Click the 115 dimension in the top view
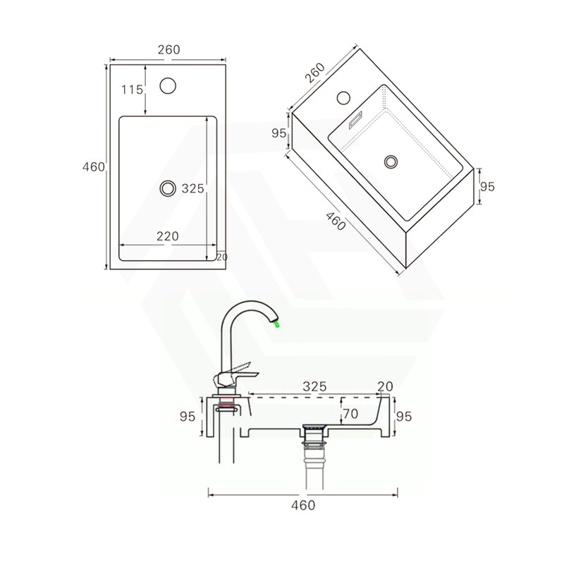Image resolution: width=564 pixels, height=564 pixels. click(132, 90)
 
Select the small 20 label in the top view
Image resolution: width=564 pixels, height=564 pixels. click(222, 257)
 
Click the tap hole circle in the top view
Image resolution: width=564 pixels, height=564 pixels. click(168, 86)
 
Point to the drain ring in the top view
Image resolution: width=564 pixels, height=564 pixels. click(168, 188)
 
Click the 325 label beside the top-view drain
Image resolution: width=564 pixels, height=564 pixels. click(192, 188)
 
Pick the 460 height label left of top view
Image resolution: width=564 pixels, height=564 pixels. click(94, 167)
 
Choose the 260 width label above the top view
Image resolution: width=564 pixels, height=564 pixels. click(169, 49)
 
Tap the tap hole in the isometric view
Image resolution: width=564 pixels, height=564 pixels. click(345, 97)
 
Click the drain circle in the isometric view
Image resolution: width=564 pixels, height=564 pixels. click(391, 161)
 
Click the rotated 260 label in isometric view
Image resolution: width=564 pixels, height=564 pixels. click(315, 74)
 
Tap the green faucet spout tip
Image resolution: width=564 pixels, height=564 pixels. click(277, 324)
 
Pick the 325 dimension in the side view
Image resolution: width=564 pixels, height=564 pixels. click(314, 386)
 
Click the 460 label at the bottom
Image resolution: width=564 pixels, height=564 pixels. click(303, 505)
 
